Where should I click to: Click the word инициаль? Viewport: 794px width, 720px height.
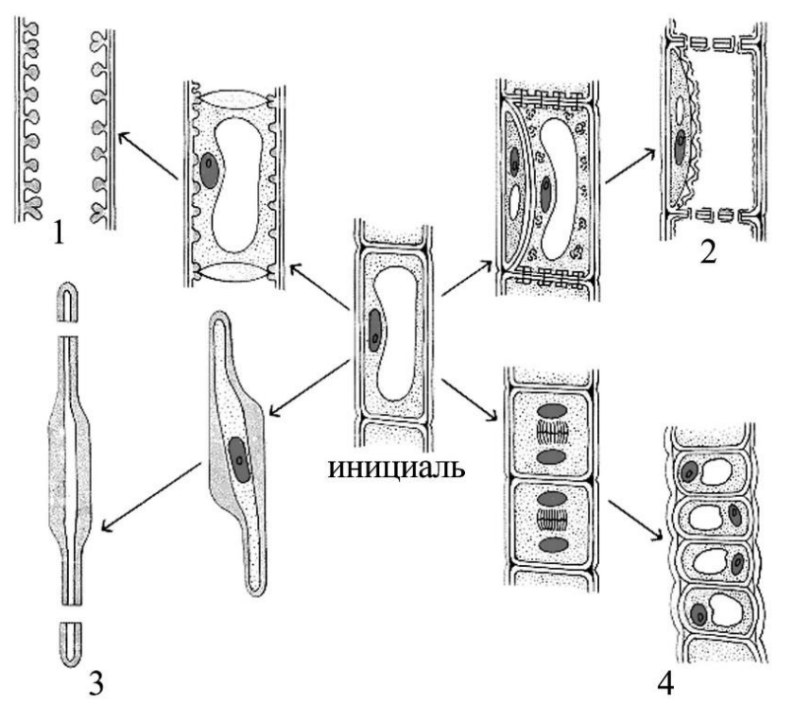[x=396, y=468]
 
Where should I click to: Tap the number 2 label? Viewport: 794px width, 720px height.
[x=708, y=251]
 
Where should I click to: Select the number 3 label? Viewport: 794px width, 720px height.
[x=95, y=684]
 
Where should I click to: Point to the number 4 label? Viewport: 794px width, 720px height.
[x=665, y=684]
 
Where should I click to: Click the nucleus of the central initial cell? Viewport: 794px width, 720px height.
[x=374, y=331]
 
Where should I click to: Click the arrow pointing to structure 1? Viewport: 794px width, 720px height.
[x=147, y=156]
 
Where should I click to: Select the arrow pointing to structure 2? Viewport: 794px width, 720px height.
[x=631, y=165]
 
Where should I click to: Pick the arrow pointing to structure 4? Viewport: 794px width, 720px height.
[x=635, y=521]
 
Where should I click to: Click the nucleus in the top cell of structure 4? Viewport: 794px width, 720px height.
[x=689, y=471]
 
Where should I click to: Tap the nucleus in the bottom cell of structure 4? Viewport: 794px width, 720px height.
[x=699, y=614]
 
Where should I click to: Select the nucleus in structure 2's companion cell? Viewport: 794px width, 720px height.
[x=680, y=147]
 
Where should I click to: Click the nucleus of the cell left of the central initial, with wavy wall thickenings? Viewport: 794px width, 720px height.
[x=210, y=171]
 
